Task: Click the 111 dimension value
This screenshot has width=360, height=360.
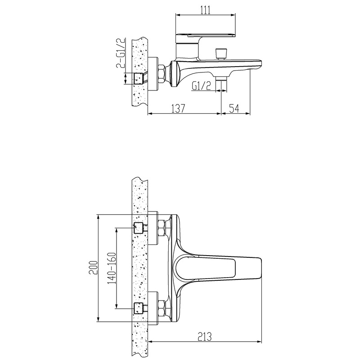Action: (x=206, y=10)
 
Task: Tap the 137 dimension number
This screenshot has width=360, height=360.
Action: (x=178, y=108)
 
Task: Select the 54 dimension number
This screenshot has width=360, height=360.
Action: (x=234, y=108)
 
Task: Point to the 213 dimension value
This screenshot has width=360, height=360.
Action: (x=204, y=337)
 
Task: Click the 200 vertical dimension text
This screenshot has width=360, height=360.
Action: (x=94, y=268)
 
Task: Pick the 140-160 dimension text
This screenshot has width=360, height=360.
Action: (x=112, y=268)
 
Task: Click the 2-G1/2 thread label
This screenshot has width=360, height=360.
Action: (x=121, y=53)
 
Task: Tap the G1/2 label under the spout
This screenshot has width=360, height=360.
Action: (x=201, y=86)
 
